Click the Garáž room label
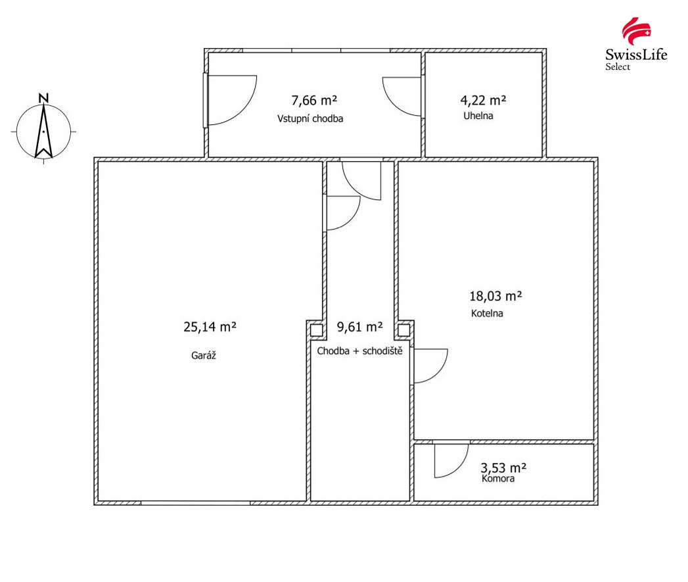204,355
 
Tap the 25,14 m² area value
210,327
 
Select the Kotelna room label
487,313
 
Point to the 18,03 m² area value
496,296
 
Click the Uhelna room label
478,116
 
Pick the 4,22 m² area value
483,101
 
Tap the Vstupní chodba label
310,118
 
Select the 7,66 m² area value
314,101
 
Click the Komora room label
498,478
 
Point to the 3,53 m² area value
504,468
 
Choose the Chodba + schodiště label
360,351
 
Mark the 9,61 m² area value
360,327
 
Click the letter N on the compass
43,98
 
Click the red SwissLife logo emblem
636,30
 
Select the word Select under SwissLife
618,67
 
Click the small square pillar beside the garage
316,330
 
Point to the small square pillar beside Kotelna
403,330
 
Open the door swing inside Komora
451,461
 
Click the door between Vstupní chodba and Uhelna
402,97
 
